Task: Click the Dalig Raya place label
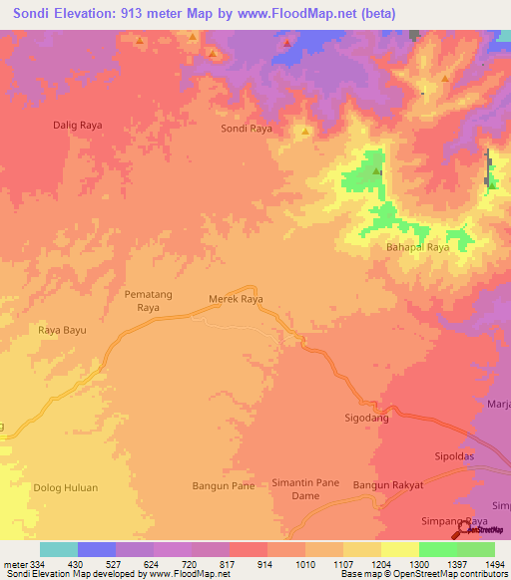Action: coord(78,126)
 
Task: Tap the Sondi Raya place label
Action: coord(246,130)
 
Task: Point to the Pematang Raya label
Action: coord(142,302)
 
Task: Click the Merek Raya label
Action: coord(236,298)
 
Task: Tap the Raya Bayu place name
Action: coord(63,330)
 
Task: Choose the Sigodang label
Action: coord(366,420)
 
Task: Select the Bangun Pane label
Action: coord(223,486)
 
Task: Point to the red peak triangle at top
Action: coord(287,43)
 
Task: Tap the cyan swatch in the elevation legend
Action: coord(59,549)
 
